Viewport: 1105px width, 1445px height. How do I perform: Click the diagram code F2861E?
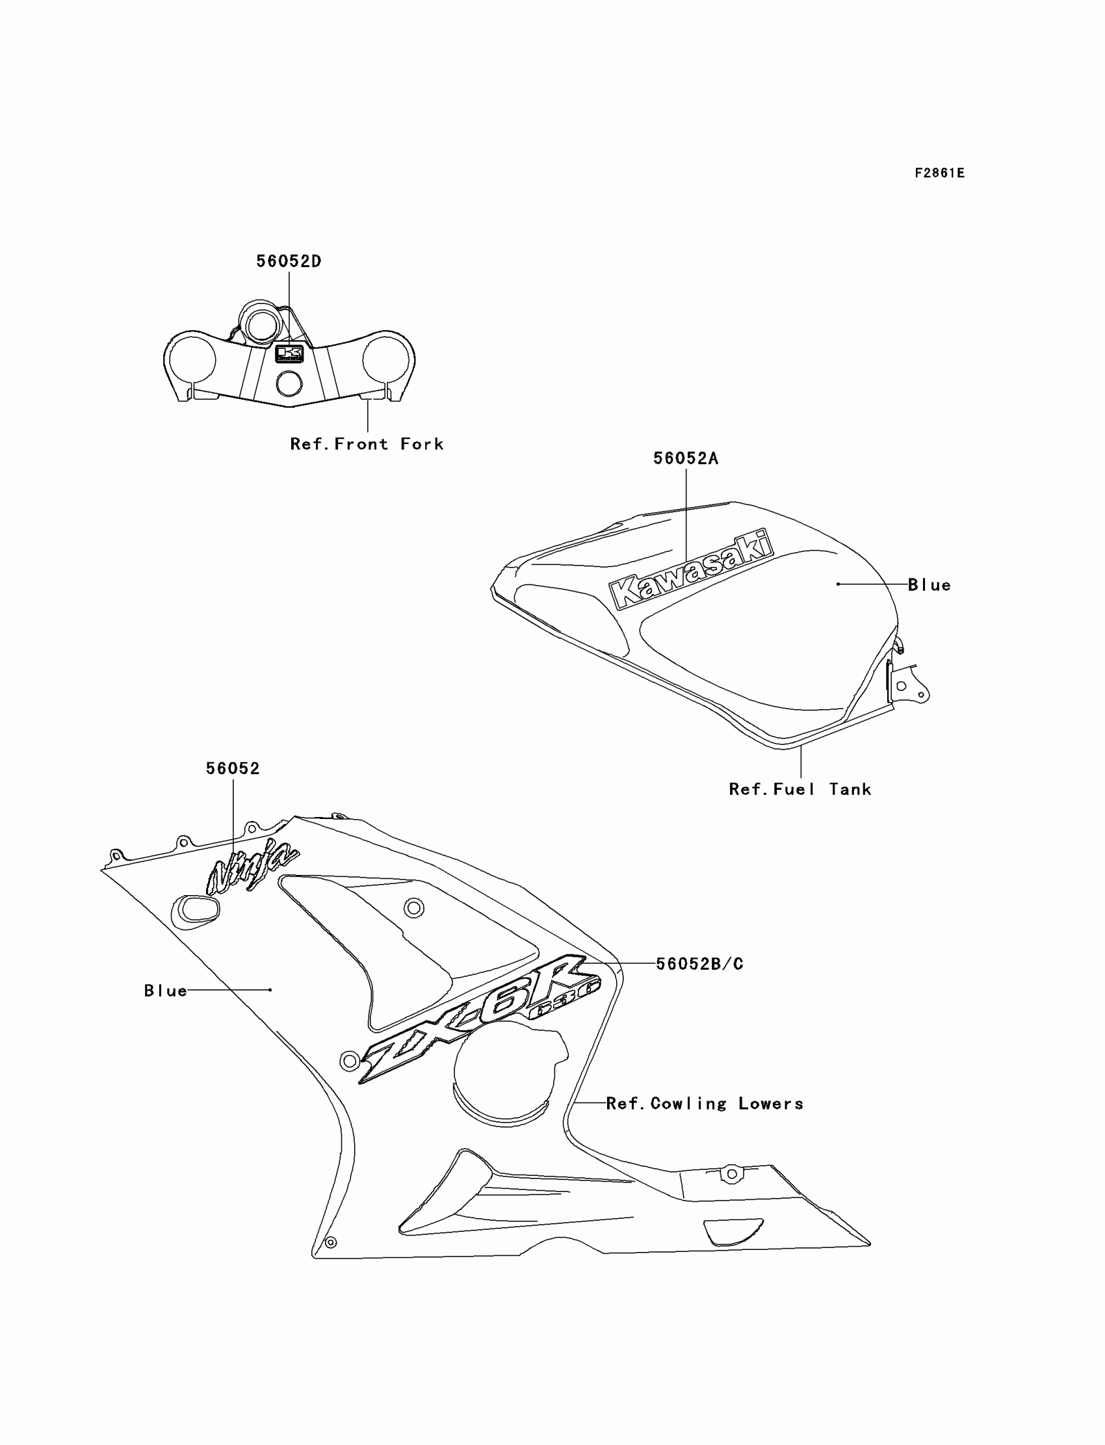coord(939,173)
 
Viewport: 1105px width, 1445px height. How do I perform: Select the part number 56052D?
coord(289,261)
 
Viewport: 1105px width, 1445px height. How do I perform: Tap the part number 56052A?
coord(685,458)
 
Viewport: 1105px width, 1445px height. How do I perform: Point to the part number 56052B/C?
coord(700,963)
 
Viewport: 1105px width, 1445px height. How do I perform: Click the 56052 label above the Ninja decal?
coord(233,768)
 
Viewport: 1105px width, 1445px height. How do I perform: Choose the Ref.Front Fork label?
coord(367,444)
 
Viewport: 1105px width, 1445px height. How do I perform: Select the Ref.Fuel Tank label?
coord(799,789)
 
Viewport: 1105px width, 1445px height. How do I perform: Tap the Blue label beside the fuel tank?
coord(929,585)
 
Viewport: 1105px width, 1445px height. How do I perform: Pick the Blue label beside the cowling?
coord(166,991)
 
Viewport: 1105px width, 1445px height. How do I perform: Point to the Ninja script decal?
coord(253,869)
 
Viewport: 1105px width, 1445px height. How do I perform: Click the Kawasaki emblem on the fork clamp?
coord(289,354)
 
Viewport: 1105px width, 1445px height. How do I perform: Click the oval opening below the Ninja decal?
coord(196,911)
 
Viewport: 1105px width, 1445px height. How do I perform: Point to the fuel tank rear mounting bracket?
coord(908,686)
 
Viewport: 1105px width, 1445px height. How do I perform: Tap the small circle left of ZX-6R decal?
coord(349,1060)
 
